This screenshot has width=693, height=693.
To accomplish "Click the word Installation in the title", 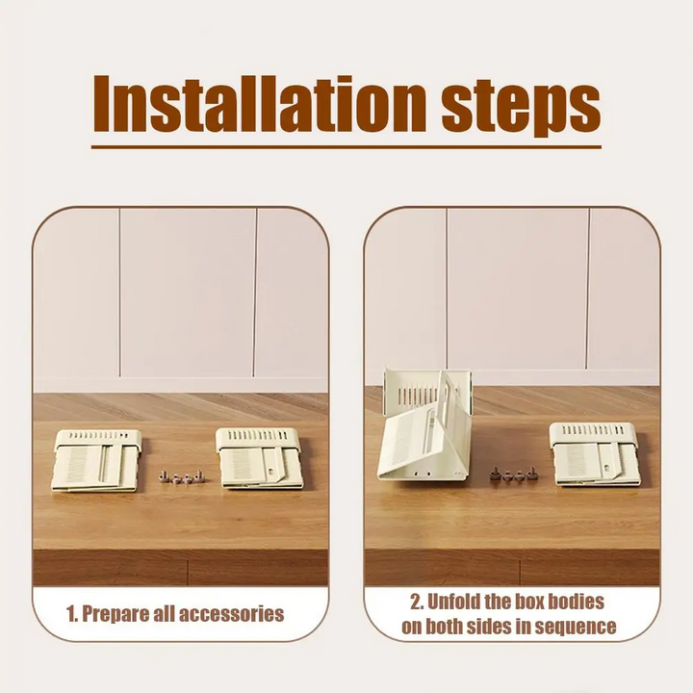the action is pos(260,104).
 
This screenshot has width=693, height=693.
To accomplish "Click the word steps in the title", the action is pos(522,108).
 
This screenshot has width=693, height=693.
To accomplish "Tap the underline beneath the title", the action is pos(346,146).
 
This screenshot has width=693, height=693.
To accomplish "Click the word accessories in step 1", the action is pos(231,614).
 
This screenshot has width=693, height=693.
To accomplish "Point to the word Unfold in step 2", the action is pos(452,602).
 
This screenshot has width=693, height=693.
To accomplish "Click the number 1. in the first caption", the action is pos(72,614).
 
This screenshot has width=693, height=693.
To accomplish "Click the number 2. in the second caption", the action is pos(416,602).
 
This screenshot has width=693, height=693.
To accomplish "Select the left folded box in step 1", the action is pos(96,460).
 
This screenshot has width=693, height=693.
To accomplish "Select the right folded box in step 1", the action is pos(260,458).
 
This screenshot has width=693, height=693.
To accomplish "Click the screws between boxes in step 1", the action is pos(182,476).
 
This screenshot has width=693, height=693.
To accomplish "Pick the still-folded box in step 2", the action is pos(595,453).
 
